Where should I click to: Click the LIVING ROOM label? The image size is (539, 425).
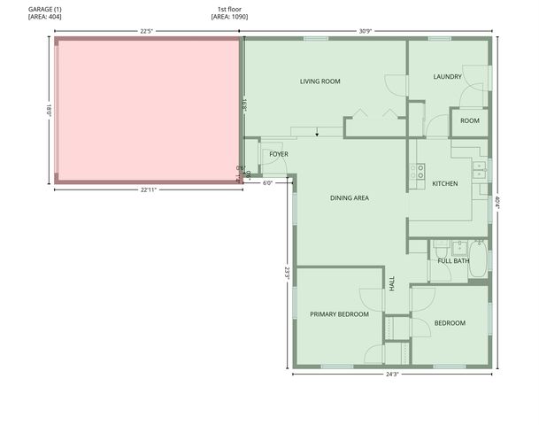point(320,81)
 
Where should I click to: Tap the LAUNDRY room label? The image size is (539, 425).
point(447,76)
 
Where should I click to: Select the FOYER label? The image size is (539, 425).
point(279,154)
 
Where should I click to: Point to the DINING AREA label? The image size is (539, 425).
point(349,198)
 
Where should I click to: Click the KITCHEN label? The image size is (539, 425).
point(444,183)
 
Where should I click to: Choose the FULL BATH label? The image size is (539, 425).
point(453,260)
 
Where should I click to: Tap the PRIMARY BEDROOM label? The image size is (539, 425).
point(339,313)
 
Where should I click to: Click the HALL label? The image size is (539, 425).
point(392,283)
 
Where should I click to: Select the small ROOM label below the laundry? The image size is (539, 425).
point(469,120)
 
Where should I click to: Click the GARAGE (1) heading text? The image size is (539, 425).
point(45,9)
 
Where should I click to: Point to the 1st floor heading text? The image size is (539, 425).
point(229,9)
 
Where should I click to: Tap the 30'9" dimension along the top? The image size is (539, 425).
point(365,32)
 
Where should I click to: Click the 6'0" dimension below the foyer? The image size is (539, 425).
point(268,183)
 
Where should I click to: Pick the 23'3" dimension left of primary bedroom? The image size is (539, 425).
point(287,274)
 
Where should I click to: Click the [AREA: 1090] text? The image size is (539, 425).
point(229,17)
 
